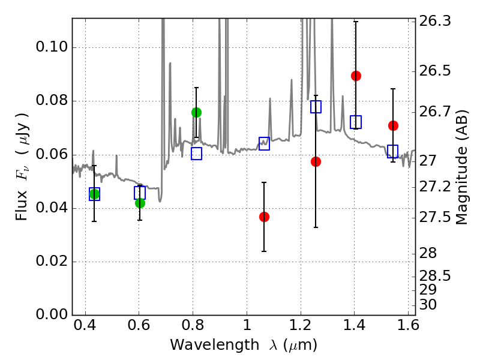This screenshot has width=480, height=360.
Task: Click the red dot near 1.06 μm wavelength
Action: click(264, 217)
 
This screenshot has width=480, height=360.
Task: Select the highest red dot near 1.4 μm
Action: click(356, 76)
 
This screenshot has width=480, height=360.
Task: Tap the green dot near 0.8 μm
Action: click(197, 113)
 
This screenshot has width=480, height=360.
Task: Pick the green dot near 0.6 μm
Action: click(140, 203)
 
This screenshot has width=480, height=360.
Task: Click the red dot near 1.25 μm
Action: click(316, 161)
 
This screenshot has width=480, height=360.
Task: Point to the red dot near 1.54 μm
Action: click(393, 125)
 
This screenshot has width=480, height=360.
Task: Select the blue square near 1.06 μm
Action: click(264, 143)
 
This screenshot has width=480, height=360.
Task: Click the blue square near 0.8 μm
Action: click(197, 154)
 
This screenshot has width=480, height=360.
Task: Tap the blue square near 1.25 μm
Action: click(316, 107)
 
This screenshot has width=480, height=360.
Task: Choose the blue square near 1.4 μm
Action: click(356, 122)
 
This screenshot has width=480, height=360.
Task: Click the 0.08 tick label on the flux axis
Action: click(52, 100)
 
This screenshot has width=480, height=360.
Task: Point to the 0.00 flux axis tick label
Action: click(52, 314)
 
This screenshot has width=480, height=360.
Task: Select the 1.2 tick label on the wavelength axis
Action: click(301, 325)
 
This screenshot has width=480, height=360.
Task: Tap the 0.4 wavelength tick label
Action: click(85, 325)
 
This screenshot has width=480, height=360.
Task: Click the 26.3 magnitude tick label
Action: click(434, 21)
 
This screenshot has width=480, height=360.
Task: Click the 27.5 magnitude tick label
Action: click(434, 218)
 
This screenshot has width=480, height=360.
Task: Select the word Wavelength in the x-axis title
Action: click(215, 346)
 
